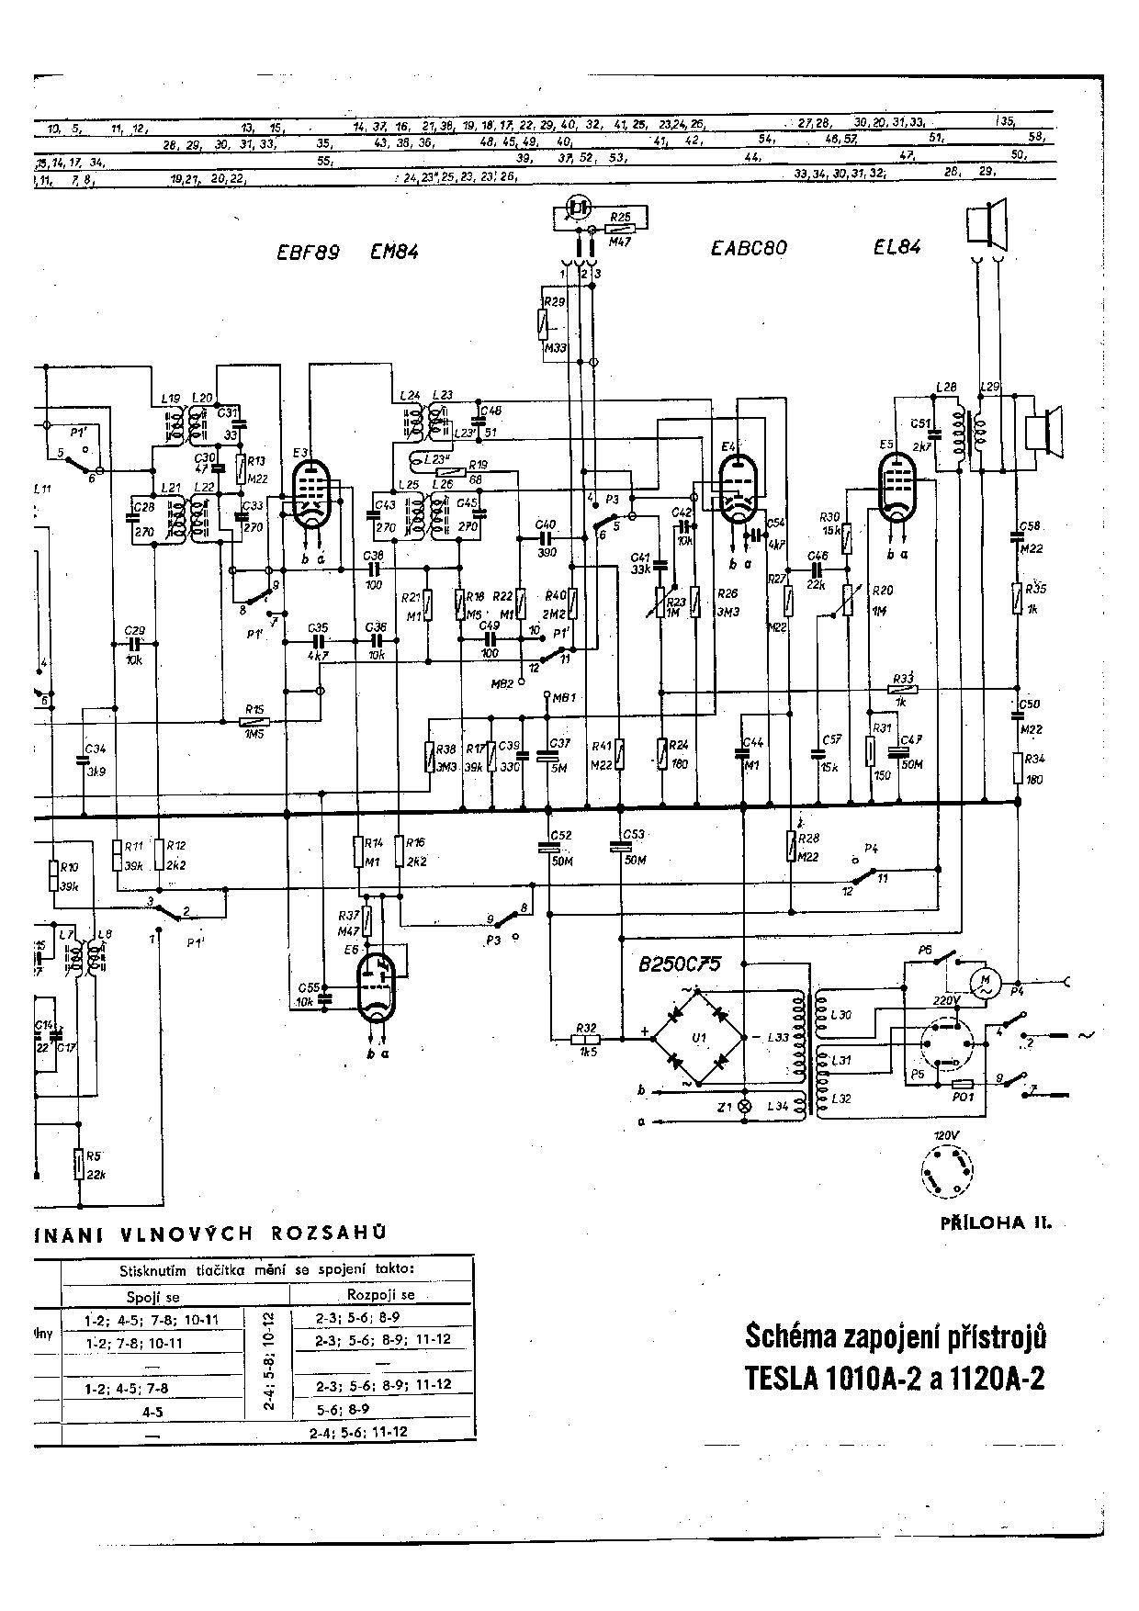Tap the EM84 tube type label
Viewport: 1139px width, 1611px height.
coord(394,251)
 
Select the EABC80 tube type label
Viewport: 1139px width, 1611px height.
coord(749,248)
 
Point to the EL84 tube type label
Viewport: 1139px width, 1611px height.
coord(897,246)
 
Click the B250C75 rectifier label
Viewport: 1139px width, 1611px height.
coord(680,964)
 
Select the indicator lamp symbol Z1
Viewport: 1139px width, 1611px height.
coord(745,1107)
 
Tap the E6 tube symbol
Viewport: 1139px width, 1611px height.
coord(375,988)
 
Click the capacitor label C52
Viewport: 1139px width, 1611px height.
coord(560,835)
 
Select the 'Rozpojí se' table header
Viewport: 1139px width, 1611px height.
coord(380,1294)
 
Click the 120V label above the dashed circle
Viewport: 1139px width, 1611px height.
coord(945,1136)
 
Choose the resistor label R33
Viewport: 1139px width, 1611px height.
coord(903,677)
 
